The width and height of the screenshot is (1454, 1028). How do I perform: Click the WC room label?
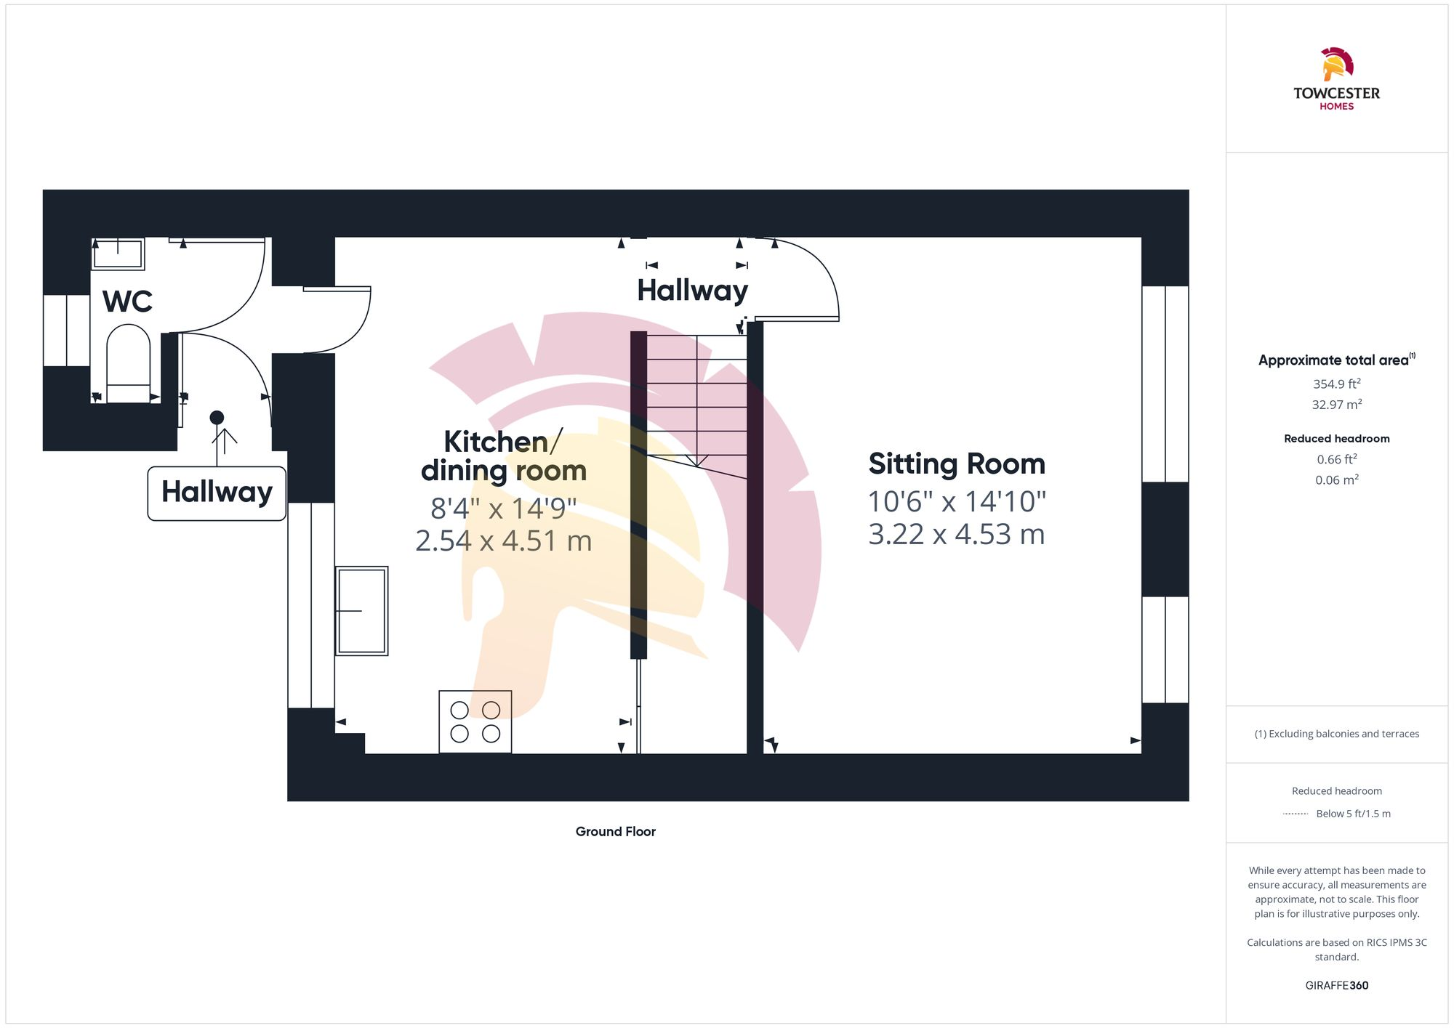tap(127, 301)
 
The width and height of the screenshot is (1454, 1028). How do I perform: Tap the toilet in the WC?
tap(129, 363)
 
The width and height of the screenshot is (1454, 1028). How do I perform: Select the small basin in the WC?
tap(118, 254)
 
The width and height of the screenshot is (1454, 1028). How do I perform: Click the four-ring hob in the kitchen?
tap(475, 721)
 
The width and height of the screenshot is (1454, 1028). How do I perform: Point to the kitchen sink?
tap(361, 611)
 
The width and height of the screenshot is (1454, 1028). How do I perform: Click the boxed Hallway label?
tap(217, 493)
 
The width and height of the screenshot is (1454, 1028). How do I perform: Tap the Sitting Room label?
tap(957, 464)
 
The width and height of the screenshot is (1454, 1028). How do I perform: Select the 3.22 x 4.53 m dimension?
tap(957, 534)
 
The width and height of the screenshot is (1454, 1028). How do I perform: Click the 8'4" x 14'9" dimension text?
tap(503, 509)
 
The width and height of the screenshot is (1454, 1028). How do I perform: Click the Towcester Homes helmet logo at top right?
tap(1337, 65)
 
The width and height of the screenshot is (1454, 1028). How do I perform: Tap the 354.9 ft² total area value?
tap(1337, 384)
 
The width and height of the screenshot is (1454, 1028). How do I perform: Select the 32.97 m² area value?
tap(1337, 404)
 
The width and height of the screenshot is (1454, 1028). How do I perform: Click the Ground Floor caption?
tap(616, 831)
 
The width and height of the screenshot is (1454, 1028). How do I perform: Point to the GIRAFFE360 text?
tap(1337, 985)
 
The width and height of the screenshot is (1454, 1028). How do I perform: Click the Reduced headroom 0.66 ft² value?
tap(1337, 459)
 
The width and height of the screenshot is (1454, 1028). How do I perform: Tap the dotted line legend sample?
tap(1296, 814)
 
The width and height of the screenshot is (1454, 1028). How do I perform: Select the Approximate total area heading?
tap(1337, 360)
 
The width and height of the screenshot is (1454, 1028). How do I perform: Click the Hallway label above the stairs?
tap(692, 291)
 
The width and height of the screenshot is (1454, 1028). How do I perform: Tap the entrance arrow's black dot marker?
tap(217, 418)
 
